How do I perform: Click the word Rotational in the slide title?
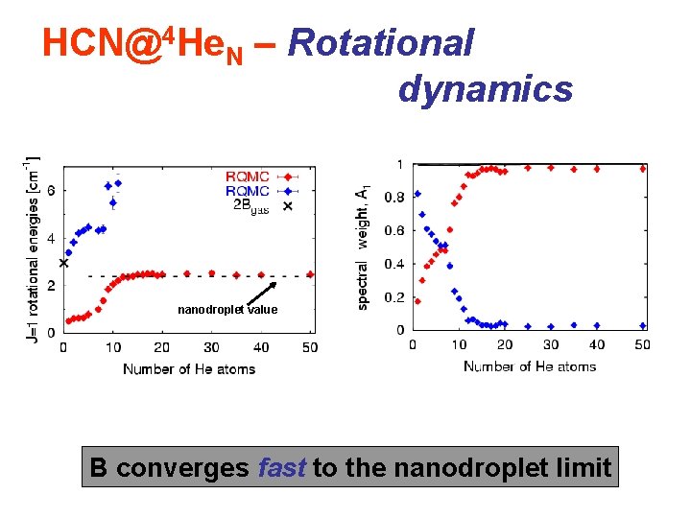click(x=381, y=42)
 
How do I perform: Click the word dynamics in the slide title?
click(x=485, y=88)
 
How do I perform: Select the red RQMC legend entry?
click(x=248, y=177)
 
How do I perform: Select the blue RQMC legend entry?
click(x=248, y=190)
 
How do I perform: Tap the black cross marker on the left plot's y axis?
click(x=64, y=262)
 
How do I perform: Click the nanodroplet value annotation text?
click(x=227, y=310)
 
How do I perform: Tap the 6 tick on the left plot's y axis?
click(x=51, y=190)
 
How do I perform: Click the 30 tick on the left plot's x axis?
click(x=211, y=346)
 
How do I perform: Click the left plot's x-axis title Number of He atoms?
click(x=189, y=368)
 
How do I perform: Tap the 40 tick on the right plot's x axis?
click(x=596, y=344)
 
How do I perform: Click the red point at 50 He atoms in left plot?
click(x=310, y=274)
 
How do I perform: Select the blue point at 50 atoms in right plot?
click(x=643, y=326)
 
